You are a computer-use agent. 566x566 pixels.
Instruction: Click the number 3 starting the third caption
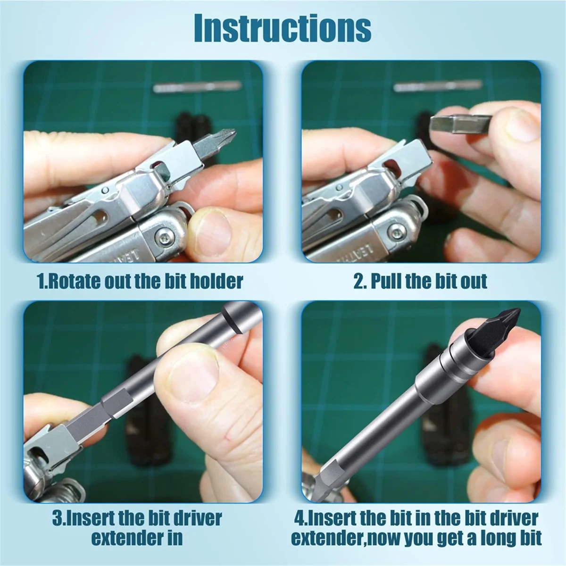coord(57,518)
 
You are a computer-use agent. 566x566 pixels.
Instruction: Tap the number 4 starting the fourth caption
coord(299,518)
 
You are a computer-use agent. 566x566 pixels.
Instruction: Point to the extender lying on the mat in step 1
coord(197,87)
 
